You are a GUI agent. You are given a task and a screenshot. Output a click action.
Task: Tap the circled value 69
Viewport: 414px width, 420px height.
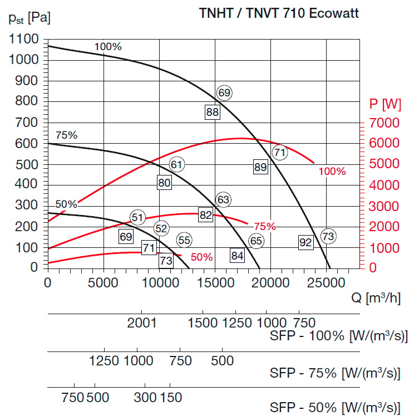[224, 93]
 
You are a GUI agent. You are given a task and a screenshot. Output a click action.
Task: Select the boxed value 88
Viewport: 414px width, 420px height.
[212, 112]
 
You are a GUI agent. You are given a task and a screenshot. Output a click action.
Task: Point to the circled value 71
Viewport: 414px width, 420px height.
[279, 152]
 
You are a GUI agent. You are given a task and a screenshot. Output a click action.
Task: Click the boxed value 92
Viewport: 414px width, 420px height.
[305, 242]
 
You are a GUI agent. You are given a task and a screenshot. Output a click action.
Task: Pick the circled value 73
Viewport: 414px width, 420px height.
[328, 236]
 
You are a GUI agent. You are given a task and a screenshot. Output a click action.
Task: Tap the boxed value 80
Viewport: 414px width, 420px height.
[164, 183]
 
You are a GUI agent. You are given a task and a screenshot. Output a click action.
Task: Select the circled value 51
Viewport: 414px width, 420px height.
[137, 217]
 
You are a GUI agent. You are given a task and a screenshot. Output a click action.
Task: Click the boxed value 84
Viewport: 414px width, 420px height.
[238, 256]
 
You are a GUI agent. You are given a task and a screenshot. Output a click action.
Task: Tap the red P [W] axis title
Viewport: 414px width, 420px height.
[385, 104]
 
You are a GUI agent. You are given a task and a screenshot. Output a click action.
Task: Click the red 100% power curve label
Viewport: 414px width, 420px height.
[332, 172]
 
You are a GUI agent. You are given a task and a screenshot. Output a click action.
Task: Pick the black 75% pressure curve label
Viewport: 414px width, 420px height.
[66, 135]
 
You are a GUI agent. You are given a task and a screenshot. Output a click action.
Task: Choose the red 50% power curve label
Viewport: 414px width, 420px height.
[201, 257]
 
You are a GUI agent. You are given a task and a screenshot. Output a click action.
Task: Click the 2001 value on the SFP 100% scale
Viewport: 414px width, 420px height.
[143, 323]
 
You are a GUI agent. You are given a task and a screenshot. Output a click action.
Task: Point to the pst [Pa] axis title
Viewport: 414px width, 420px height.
[29, 18]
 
